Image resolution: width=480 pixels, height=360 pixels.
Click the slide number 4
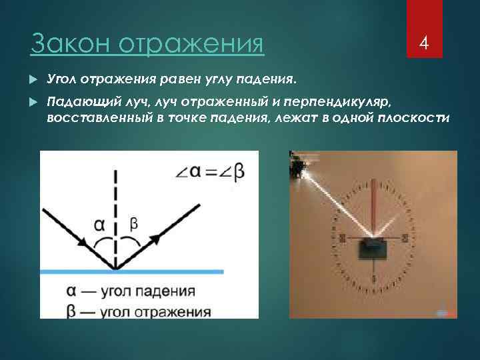(423, 44)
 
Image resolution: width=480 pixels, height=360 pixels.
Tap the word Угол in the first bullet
(64, 80)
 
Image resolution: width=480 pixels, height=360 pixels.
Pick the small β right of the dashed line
(133, 225)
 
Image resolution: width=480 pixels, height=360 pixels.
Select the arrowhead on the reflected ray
(155, 235)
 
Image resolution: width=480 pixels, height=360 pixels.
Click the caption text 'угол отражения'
(155, 311)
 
